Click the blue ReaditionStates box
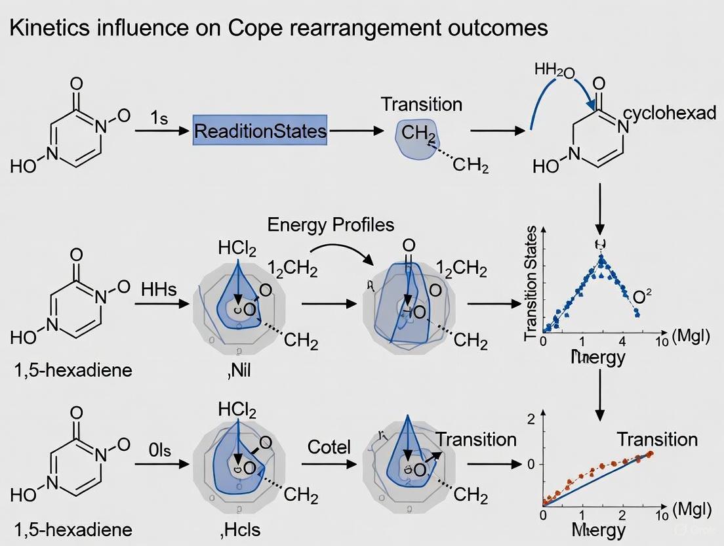(x=260, y=131)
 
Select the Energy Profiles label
(x=331, y=224)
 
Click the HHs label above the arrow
(x=159, y=289)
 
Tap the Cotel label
(x=329, y=448)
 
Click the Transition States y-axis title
(x=532, y=282)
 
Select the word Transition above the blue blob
(x=422, y=104)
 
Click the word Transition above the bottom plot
(x=657, y=439)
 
